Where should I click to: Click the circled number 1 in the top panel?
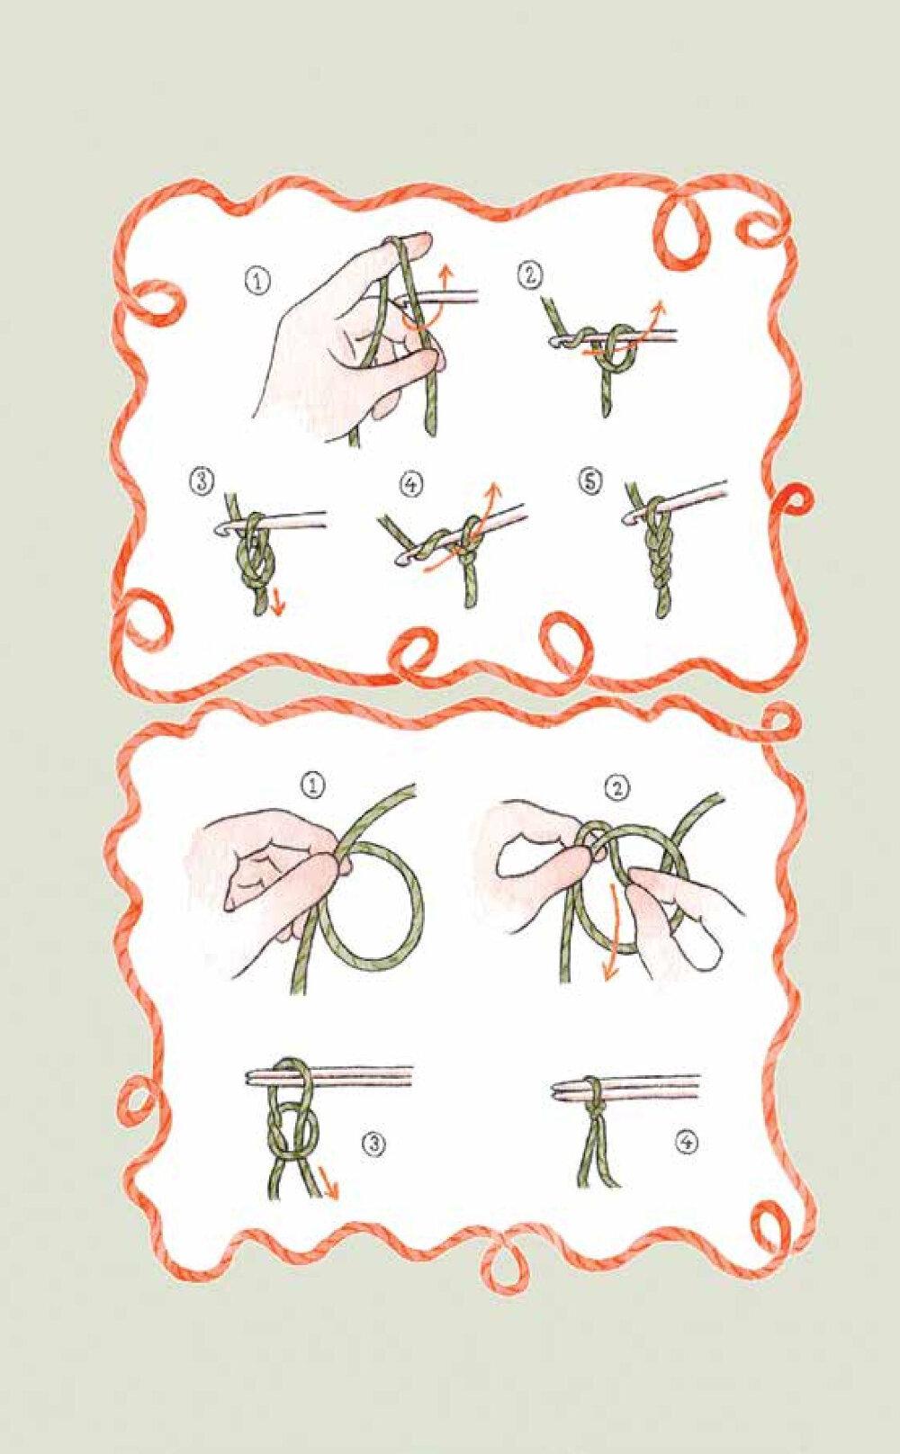pyautogui.click(x=258, y=283)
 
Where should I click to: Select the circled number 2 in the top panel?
pyautogui.click(x=529, y=276)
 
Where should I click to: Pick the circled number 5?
pyautogui.click(x=590, y=480)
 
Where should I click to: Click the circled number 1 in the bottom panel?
pyautogui.click(x=313, y=786)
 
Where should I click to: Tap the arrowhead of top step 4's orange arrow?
pyautogui.click(x=495, y=490)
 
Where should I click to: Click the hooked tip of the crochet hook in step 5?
pyautogui.click(x=629, y=518)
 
